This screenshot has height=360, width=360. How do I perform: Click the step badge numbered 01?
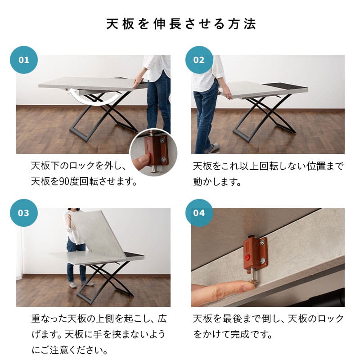pyautogui.click(x=24, y=60)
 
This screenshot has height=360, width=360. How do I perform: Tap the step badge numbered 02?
pyautogui.click(x=199, y=60)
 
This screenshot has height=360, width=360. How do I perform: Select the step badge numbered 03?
pyautogui.click(x=24, y=212)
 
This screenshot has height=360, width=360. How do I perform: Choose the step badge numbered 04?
pyautogui.click(x=199, y=212)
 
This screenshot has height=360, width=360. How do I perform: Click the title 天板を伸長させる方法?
pyautogui.click(x=180, y=24)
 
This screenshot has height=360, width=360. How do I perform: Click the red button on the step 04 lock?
pyautogui.click(x=248, y=258)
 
